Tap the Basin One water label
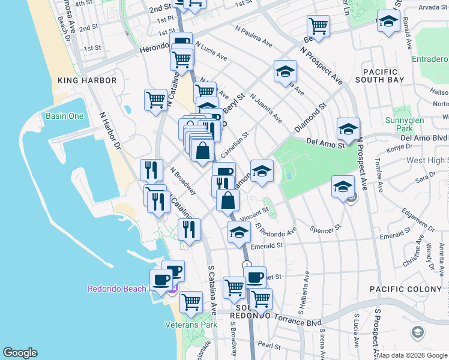[64, 116]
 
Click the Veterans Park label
[191, 325]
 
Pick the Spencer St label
[325, 229]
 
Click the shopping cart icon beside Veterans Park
[191, 302]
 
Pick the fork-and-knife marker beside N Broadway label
[151, 170]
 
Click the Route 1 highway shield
[246, 265]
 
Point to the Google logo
[20, 353]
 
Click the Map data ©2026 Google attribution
[412, 355]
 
